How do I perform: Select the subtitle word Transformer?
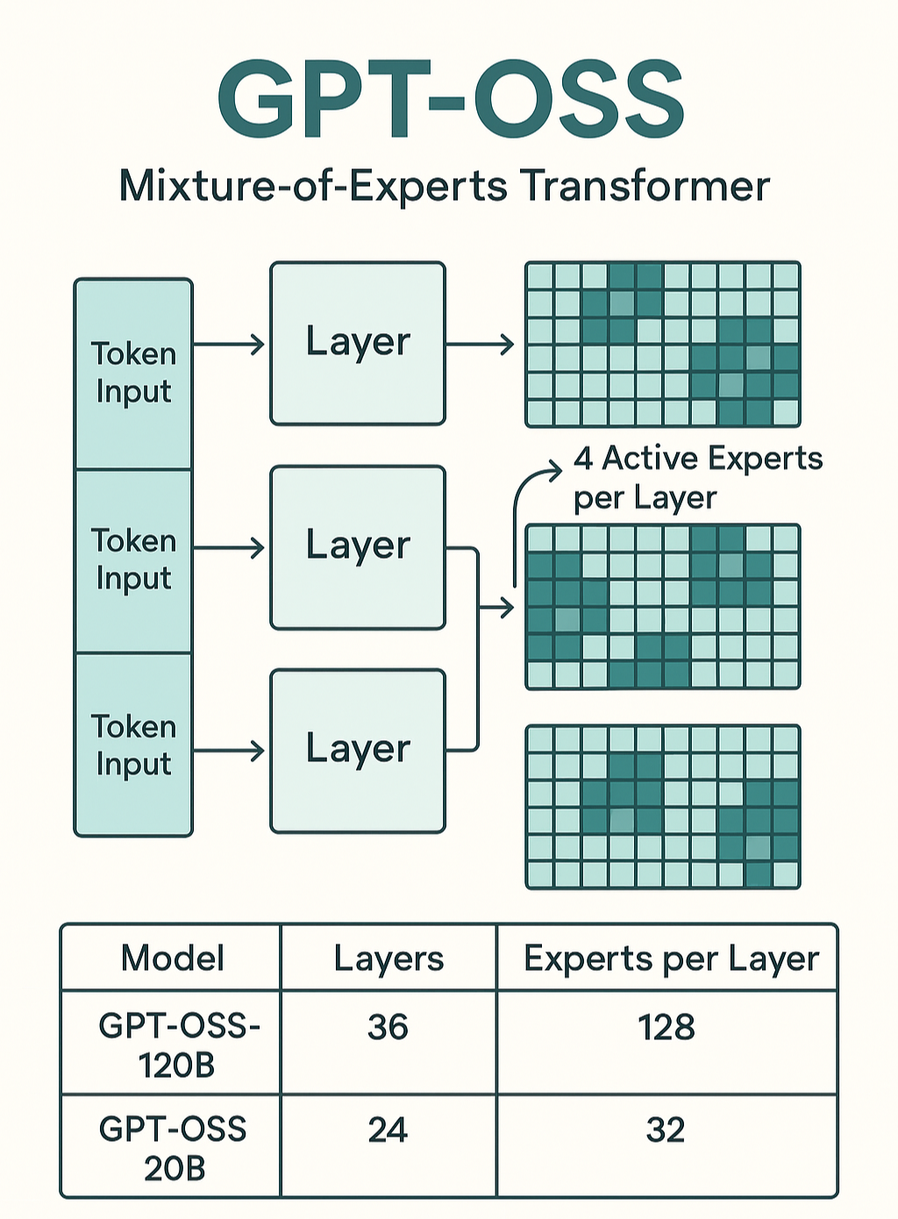[x=645, y=186]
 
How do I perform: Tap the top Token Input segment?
[x=133, y=373]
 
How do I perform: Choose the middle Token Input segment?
[x=133, y=560]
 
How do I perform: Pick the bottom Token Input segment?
[x=133, y=745]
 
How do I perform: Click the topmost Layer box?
[x=358, y=343]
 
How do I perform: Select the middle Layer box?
[x=358, y=547]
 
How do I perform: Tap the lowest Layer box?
[x=358, y=751]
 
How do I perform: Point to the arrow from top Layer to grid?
[x=480, y=345]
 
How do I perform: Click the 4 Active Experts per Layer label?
[x=697, y=478]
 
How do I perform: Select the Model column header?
[x=172, y=958]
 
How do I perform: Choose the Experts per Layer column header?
[x=671, y=958]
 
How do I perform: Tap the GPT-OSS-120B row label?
[x=178, y=1044]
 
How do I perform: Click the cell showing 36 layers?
[x=388, y=1027]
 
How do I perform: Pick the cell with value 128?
[x=666, y=1027]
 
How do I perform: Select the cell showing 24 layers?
[x=388, y=1130]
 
